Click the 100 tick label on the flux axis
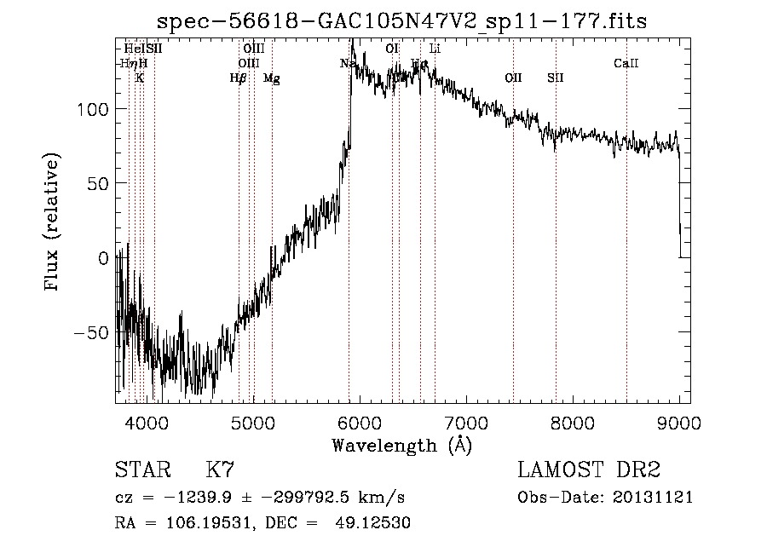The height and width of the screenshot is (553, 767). tap(91, 110)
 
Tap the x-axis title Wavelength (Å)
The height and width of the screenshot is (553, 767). tap(401, 445)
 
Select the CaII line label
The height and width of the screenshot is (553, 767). tap(626, 63)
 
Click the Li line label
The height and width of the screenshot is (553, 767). tap(435, 49)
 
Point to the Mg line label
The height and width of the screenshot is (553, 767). tap(271, 78)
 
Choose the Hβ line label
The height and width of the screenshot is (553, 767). tap(239, 78)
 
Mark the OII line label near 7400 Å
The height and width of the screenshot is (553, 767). tap(513, 78)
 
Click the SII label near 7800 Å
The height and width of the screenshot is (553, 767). tap(556, 78)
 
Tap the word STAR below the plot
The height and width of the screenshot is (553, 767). tap(141, 470)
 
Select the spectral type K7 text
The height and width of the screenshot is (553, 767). tap(219, 470)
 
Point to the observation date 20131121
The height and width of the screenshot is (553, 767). tap(652, 498)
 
